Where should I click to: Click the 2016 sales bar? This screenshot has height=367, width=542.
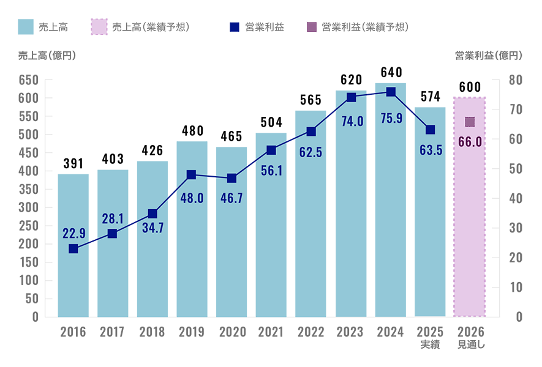[x=73, y=245]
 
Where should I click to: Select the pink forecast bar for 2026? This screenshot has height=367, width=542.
[x=470, y=207]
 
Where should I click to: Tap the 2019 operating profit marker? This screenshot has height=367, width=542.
[x=191, y=175]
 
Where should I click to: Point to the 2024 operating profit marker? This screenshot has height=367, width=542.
[x=391, y=92]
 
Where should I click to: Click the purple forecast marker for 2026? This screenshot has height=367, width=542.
[x=470, y=122]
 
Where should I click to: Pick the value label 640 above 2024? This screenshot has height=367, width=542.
[x=391, y=73]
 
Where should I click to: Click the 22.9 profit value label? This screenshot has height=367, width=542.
[x=74, y=234]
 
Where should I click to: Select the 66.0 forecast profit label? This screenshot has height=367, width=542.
[x=470, y=142]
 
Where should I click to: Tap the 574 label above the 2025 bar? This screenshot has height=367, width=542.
[x=431, y=97]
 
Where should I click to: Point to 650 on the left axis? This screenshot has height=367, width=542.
[x=28, y=80]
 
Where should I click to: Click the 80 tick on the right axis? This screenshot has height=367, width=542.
[x=516, y=80]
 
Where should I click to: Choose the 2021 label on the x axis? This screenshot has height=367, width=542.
[x=271, y=332]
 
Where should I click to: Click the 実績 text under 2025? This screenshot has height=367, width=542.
[x=431, y=344]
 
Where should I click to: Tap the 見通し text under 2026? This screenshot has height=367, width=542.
[x=471, y=344]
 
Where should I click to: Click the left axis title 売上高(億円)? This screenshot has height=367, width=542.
[x=47, y=56]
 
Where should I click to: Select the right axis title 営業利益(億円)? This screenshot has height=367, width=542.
[x=489, y=56]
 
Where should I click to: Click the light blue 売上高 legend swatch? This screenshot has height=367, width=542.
[x=26, y=27]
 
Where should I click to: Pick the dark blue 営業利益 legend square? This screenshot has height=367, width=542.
[x=235, y=27]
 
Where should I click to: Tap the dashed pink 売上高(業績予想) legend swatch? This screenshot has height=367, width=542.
[x=99, y=27]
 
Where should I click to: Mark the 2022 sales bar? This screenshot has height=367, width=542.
[x=311, y=213]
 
